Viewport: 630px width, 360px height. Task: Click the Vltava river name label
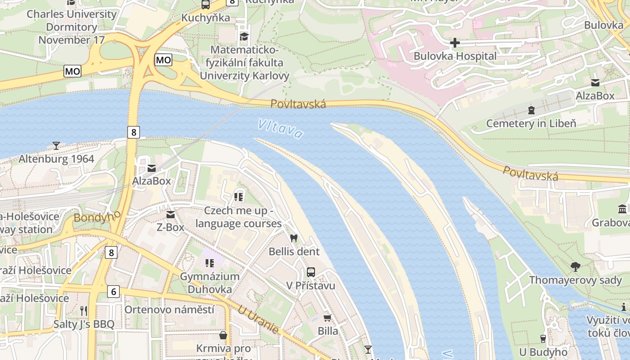280,128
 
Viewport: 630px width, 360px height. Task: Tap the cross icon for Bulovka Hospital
455,43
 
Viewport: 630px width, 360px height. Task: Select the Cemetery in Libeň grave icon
531,110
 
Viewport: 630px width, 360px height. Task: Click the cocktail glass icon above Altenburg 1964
56,145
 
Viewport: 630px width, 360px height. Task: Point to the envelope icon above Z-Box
171,215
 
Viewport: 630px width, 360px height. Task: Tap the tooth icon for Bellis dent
294,238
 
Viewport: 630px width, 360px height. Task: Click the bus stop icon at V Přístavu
310,272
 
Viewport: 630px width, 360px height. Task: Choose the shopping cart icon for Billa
328,318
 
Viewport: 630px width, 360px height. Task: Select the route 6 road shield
113,292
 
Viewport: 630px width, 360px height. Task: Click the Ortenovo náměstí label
169,310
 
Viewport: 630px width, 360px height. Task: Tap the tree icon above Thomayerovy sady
575,267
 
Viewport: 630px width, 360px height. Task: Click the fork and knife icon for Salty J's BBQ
83,310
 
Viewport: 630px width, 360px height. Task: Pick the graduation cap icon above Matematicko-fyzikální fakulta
244,36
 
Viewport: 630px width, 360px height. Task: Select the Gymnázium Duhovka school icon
209,263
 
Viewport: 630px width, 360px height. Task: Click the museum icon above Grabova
623,209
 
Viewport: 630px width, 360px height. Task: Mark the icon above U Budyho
543,338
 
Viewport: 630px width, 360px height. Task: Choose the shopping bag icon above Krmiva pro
223,335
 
